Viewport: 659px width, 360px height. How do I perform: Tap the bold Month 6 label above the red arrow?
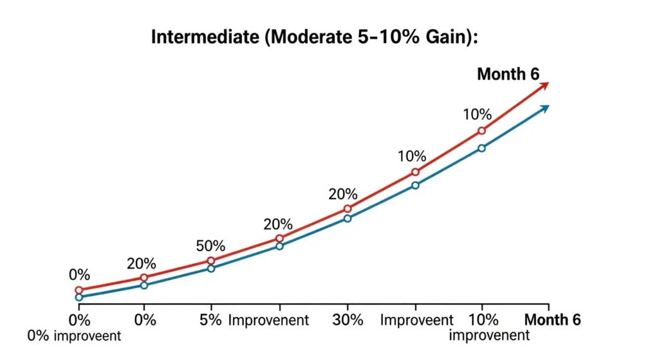click(508, 74)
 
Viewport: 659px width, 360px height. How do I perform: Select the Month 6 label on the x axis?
click(553, 320)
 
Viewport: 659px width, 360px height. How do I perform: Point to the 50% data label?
click(210, 245)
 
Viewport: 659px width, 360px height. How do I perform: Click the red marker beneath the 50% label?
click(210, 261)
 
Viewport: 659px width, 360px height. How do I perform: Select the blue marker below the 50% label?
click(210, 268)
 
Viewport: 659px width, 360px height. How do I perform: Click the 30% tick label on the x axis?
click(348, 320)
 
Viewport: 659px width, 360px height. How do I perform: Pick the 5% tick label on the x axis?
click(210, 320)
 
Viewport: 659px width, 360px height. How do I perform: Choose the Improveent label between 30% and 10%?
click(417, 320)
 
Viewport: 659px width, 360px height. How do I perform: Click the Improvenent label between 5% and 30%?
click(269, 320)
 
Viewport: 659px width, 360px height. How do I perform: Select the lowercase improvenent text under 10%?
click(489, 336)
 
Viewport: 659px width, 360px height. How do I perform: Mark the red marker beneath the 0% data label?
click(79, 290)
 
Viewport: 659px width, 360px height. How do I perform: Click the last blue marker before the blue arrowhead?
click(481, 148)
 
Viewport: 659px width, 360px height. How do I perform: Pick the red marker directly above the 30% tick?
click(348, 209)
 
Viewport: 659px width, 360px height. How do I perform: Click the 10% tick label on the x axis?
click(483, 320)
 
